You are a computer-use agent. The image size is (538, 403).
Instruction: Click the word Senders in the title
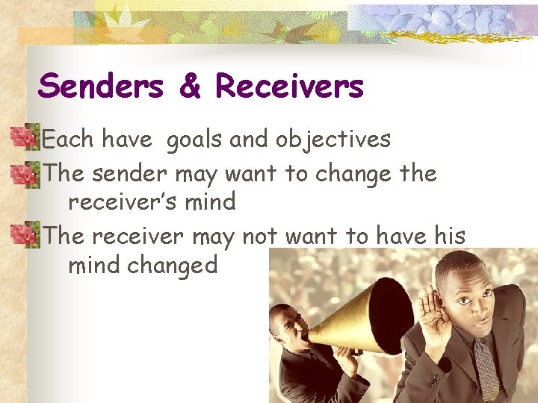coord(100,87)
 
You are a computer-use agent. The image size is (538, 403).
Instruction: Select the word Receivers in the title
coord(289,87)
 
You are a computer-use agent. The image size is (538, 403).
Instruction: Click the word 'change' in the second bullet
coord(350,174)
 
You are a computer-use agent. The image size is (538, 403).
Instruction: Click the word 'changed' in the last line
coord(173,265)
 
